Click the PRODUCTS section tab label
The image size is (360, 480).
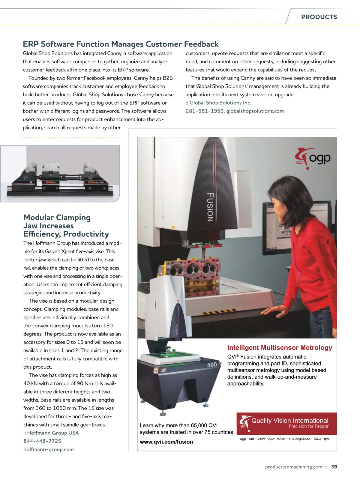319,17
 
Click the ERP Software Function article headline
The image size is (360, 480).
121,44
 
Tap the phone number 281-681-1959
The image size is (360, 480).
204,111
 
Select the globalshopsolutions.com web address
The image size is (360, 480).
255,111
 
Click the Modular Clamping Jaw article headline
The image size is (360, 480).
66,226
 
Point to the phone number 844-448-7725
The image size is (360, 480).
42,441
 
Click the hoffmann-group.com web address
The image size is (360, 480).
49,449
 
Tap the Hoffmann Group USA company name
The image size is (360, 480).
53,433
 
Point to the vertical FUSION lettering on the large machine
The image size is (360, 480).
210,207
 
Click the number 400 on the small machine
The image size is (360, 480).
212,364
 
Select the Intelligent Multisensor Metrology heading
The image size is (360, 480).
280,348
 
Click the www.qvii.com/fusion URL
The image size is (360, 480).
166,442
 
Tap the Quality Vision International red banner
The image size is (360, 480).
286,423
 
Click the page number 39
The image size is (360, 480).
334,467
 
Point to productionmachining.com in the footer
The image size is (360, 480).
293,467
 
